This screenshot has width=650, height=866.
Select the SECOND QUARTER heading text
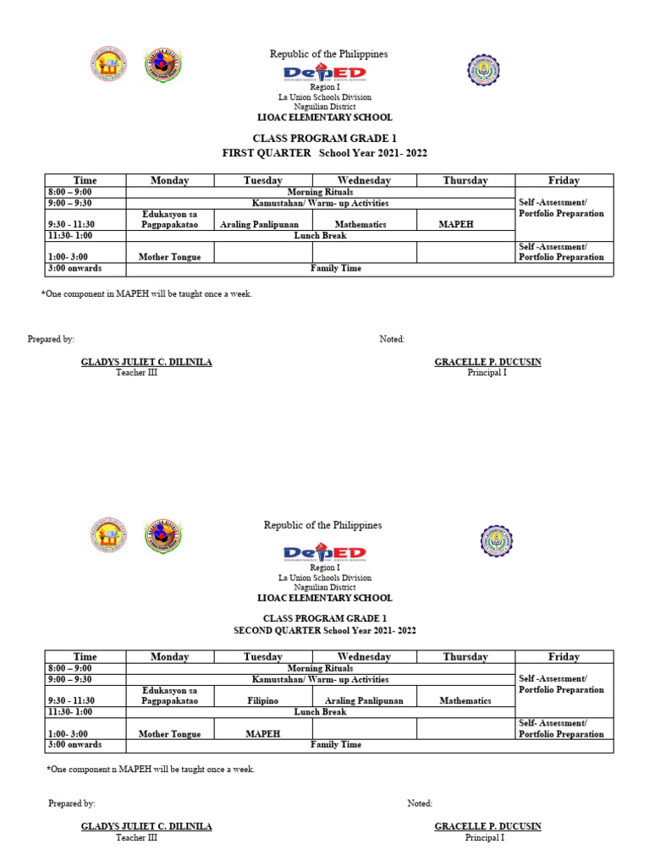point(278,631)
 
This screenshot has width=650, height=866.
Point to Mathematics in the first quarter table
point(361,225)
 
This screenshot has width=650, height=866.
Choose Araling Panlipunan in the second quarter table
point(364,700)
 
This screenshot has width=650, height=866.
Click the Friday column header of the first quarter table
point(564,180)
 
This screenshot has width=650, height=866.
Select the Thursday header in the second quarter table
point(465,656)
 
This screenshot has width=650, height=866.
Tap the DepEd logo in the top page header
point(325,74)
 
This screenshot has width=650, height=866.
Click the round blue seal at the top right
point(484,69)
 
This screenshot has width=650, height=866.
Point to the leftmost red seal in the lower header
point(107,535)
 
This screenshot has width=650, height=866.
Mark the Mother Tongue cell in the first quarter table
point(169,257)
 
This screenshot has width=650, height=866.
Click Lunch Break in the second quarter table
point(320,712)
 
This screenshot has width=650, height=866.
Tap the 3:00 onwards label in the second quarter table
point(74,745)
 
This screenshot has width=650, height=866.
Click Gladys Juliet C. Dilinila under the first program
point(146,362)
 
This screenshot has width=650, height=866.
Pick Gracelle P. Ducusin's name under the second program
point(487,826)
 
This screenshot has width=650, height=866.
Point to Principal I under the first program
point(487,373)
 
